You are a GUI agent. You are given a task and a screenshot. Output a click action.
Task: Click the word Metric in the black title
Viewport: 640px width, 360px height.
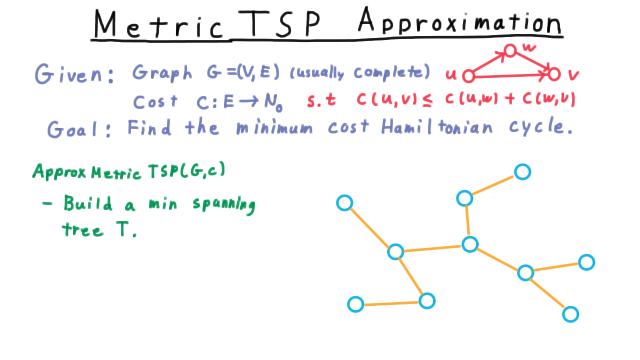coord(158,24)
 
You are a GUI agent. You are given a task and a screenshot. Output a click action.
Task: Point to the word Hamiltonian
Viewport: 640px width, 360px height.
coord(437,127)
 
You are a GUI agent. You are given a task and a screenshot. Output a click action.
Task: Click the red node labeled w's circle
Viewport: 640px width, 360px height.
coord(510,51)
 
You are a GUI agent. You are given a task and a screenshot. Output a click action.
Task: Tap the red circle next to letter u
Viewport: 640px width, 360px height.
coord(468,76)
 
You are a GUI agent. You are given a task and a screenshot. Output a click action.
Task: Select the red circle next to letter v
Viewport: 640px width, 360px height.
coord(554,74)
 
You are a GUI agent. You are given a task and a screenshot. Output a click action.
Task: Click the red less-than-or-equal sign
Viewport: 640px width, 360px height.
coord(427,100)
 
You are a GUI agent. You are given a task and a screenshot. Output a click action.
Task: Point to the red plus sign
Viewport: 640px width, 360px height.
coord(510,98)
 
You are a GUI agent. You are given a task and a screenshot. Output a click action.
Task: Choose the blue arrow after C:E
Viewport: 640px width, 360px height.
coord(249,101)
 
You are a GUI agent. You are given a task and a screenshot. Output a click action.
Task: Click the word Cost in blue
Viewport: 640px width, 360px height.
coord(155,101)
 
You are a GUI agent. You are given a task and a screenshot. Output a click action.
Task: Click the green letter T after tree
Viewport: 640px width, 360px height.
coord(123,228)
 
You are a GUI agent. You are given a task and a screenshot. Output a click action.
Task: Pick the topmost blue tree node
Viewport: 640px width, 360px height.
coord(522,172)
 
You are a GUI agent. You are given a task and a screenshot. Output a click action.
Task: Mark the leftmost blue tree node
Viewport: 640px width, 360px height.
coord(344,203)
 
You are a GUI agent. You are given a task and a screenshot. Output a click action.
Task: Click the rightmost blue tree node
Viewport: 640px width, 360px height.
coord(586,262)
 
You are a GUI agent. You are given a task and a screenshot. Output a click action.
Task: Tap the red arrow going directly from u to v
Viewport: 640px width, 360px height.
coord(511,75)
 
